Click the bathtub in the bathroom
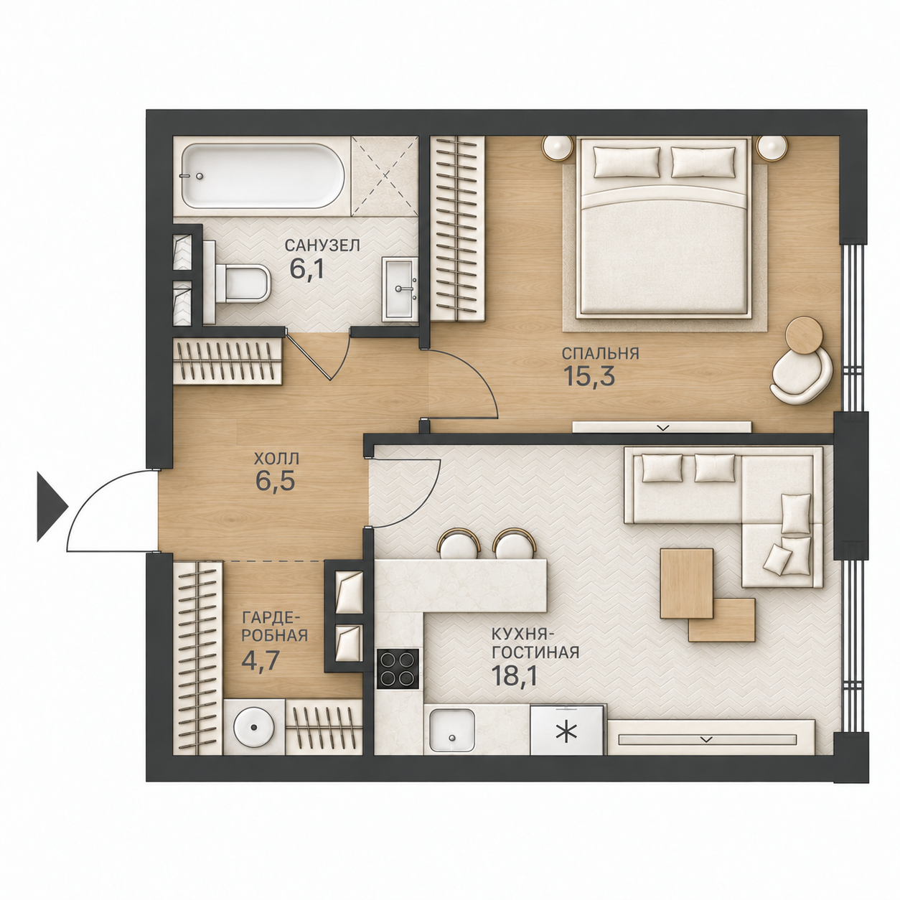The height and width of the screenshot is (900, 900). (x=263, y=176)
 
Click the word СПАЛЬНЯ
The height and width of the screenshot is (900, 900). (x=600, y=353)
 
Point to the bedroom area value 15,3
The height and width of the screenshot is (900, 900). (x=589, y=376)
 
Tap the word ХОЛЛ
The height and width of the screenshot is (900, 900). (x=276, y=458)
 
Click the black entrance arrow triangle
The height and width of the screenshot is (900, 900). (x=52, y=507)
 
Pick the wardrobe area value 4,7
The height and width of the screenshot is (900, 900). (x=260, y=660)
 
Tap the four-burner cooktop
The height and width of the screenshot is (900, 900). (x=398, y=668)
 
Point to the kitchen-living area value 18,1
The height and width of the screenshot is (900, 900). (x=512, y=676)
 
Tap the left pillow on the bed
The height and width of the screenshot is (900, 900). (x=627, y=161)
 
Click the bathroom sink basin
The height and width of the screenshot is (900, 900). (x=400, y=289)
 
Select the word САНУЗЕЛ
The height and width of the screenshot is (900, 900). (x=323, y=245)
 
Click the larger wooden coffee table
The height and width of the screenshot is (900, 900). (x=687, y=583)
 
